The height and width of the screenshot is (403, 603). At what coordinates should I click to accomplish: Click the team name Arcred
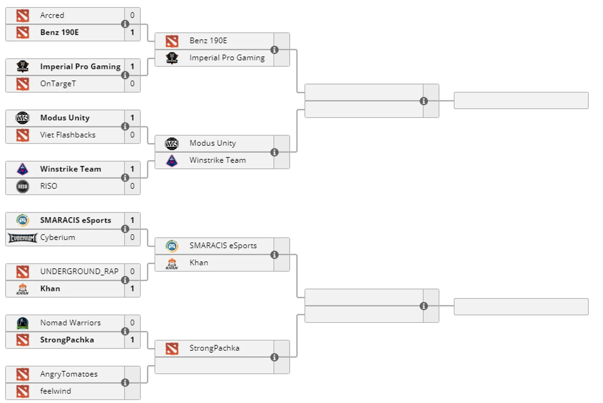[x=52, y=15]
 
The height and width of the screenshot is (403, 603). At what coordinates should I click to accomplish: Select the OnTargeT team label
[x=58, y=83]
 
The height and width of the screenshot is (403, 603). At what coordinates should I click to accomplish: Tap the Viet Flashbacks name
[x=68, y=135]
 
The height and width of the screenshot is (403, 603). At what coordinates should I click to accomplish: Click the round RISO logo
[x=23, y=186]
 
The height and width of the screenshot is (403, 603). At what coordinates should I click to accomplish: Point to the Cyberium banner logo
[x=23, y=238]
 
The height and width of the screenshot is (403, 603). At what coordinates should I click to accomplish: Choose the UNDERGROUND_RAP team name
[x=79, y=271]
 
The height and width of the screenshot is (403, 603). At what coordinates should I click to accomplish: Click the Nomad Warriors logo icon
[x=23, y=323]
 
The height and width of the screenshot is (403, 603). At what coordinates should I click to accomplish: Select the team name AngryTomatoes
[x=69, y=374]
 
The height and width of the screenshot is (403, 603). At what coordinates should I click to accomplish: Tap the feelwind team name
[x=55, y=391]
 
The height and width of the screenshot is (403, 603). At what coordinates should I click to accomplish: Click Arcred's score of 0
[x=132, y=15]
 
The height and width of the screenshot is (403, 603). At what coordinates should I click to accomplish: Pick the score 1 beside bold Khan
[x=132, y=289]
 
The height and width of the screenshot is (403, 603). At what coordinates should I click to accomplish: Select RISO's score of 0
[x=132, y=186]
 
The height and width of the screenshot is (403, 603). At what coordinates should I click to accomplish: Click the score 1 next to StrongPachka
[x=132, y=340]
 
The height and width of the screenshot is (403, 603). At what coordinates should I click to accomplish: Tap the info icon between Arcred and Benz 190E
[x=125, y=24]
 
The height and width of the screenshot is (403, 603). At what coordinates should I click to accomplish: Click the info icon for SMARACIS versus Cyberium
[x=125, y=229]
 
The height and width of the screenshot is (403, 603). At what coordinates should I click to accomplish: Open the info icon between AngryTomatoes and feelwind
[x=125, y=383]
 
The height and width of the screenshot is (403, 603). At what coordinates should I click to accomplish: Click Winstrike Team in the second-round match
[x=217, y=160]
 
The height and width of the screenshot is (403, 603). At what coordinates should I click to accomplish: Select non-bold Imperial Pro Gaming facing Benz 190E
[x=227, y=58]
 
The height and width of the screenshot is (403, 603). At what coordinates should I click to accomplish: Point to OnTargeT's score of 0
[x=132, y=83]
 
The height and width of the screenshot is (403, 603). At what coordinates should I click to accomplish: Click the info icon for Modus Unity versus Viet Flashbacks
[x=125, y=126]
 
